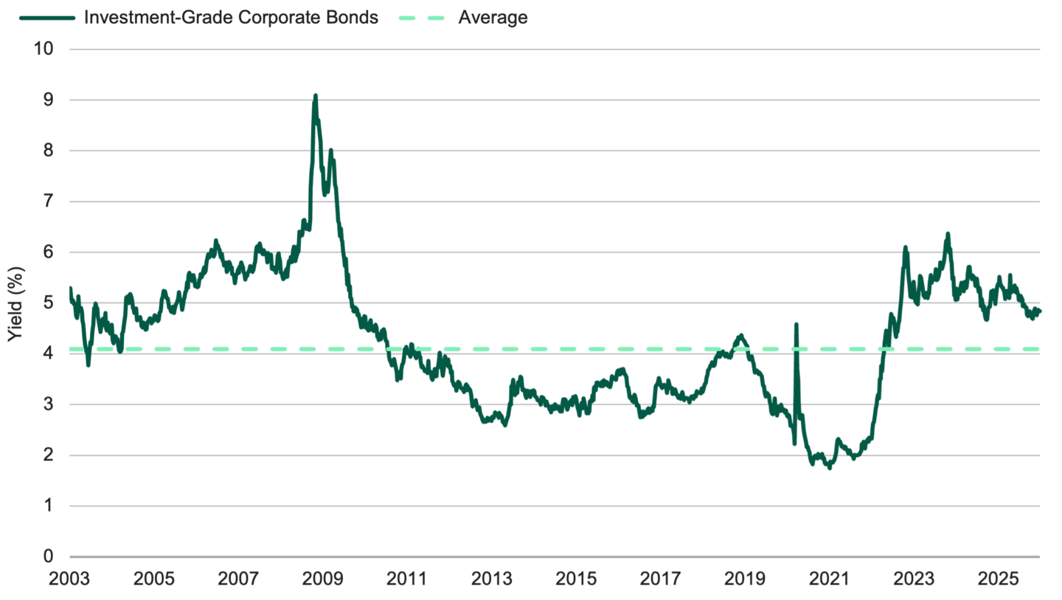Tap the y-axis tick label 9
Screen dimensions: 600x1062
coord(49,100)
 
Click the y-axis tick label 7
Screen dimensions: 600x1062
coord(49,201)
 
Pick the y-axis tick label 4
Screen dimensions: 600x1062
coord(49,354)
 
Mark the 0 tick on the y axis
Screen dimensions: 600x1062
coord(49,556)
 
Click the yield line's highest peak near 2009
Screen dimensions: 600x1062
coord(316,95)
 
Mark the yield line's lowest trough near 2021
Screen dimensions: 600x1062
coord(830,468)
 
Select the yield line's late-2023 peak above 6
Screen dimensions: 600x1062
coord(948,234)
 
